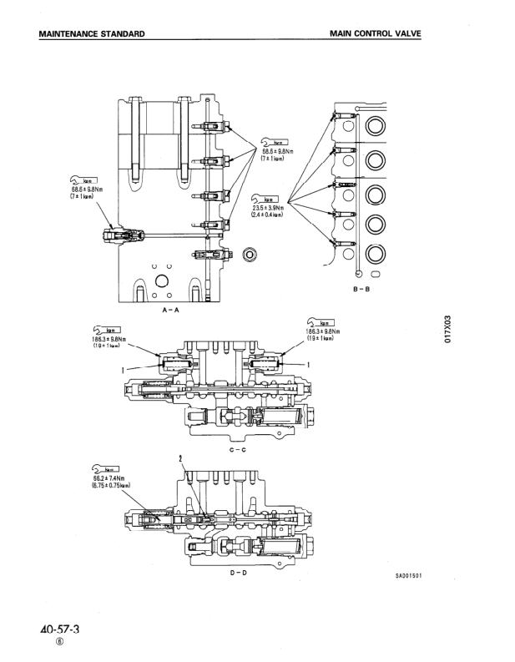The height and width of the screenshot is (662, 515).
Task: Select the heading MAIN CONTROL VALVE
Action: tap(375, 33)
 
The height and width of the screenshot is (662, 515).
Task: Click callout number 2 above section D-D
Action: tap(179, 457)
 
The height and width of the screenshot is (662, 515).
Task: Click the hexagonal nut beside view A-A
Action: tap(247, 255)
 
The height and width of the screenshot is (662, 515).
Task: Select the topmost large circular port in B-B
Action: tap(376, 128)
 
